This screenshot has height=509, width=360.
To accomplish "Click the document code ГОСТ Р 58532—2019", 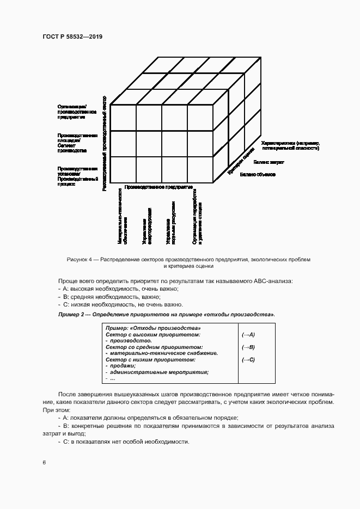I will (x=72, y=36).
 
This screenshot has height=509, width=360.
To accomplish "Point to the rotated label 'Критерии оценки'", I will (x=241, y=162).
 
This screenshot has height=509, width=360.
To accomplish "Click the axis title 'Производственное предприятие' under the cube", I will (x=159, y=187).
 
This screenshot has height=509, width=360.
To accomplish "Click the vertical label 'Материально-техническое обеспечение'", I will (x=123, y=217).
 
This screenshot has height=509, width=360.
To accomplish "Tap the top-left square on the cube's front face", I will (x=123, y=118).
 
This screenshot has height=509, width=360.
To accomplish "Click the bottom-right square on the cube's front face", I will (x=200, y=169).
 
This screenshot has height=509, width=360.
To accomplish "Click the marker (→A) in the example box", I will (x=248, y=335).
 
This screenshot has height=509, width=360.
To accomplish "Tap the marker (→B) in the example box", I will (x=248, y=347).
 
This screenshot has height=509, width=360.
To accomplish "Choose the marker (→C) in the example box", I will (x=248, y=359).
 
